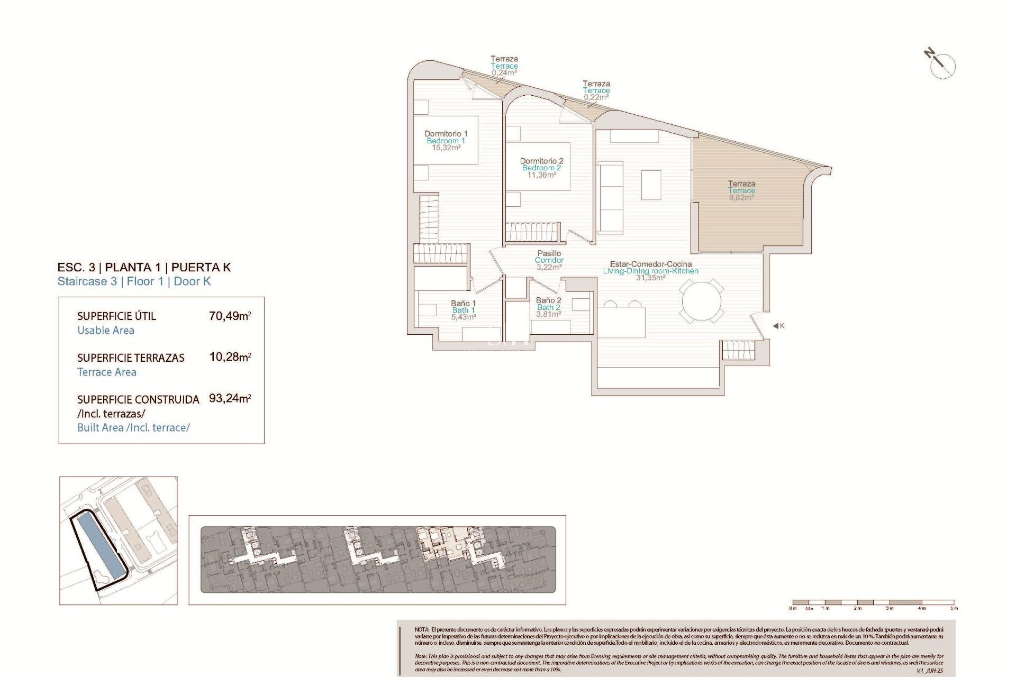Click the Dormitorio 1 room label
[x=446, y=134]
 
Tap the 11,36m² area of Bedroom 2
[x=541, y=175]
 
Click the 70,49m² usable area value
[x=230, y=316]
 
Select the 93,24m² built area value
[x=230, y=398]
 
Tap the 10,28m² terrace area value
[x=230, y=357]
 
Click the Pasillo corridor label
[x=549, y=253]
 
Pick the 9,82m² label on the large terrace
[x=741, y=197]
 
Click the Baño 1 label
[x=463, y=303]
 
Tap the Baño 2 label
[x=548, y=300]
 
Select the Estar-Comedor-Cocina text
[x=650, y=264]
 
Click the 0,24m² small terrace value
[x=504, y=73]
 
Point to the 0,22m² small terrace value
[x=596, y=97]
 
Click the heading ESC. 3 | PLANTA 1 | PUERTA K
[x=144, y=267]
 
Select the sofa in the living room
[x=611, y=198]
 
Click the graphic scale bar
[x=873, y=602]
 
